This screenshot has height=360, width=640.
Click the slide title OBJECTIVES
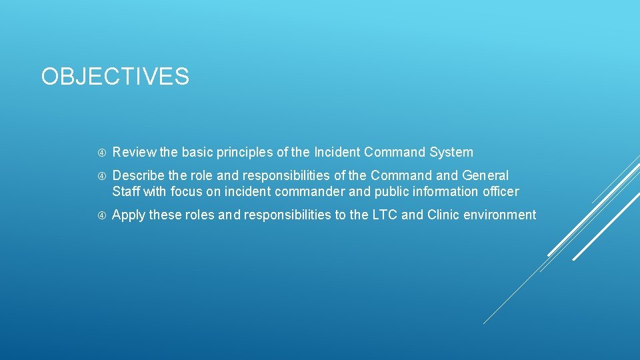pyautogui.click(x=115, y=77)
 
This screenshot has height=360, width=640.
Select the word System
pyautogui.click(x=451, y=152)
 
